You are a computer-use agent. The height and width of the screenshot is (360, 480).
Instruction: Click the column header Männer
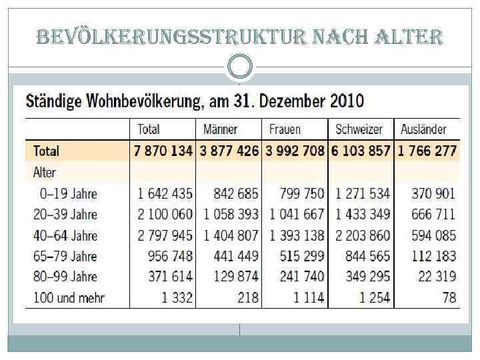click(221, 129)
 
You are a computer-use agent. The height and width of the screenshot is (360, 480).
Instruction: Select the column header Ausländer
click(423, 129)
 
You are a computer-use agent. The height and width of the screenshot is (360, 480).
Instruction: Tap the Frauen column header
click(285, 129)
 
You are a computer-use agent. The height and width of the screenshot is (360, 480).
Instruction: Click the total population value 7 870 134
click(163, 151)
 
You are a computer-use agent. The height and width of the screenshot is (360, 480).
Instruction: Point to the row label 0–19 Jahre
click(68, 194)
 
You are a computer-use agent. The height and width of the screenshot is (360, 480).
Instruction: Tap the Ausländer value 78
click(449, 297)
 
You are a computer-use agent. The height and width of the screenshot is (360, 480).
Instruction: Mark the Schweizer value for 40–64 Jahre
click(362, 235)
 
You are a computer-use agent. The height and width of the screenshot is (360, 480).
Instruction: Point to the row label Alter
click(45, 173)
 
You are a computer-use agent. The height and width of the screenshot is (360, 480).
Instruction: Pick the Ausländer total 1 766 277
click(427, 151)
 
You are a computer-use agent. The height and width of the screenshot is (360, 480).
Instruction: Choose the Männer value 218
click(247, 297)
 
